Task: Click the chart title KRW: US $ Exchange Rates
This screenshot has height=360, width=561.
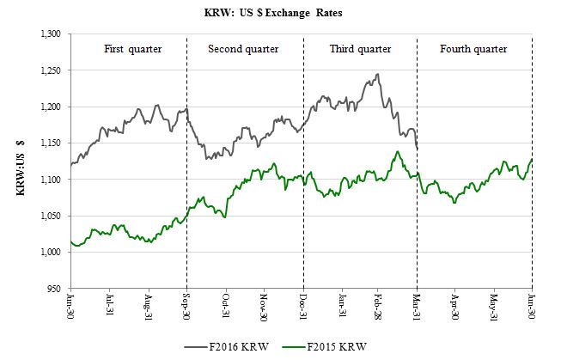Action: pos(280,15)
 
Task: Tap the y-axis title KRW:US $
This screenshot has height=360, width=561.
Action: pos(20,160)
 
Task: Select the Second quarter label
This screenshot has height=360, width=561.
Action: pos(245,48)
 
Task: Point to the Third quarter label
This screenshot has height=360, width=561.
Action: pos(360,48)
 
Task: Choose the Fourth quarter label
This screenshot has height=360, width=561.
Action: pos(473,48)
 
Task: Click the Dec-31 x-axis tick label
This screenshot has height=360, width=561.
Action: pos(303,308)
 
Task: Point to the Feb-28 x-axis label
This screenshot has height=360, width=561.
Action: pos(379,308)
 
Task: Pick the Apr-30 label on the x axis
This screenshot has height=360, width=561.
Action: pos(455,308)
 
